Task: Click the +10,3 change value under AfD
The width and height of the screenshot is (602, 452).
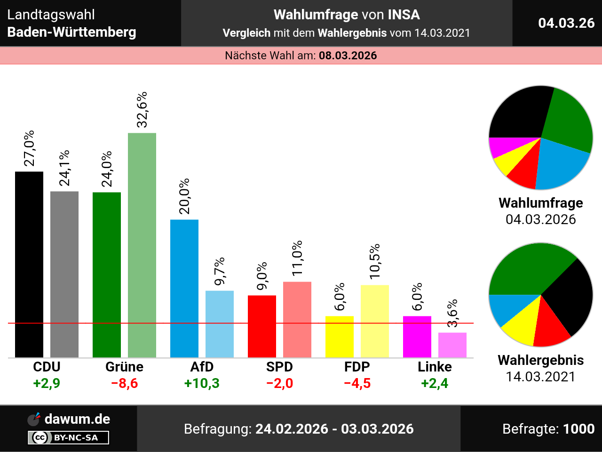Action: coord(202,383)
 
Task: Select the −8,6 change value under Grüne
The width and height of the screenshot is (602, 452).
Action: coord(124,383)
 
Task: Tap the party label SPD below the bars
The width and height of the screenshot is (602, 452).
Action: coord(279,367)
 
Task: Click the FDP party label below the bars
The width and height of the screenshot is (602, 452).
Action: coord(357,367)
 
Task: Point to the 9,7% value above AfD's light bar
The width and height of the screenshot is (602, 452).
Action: coord(220,271)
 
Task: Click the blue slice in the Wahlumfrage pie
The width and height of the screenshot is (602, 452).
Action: coord(562,165)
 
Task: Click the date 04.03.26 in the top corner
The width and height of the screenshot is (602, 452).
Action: coord(566,23)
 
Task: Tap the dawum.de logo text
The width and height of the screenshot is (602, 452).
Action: coord(77,419)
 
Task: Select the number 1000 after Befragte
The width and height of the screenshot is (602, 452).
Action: coord(578,429)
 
